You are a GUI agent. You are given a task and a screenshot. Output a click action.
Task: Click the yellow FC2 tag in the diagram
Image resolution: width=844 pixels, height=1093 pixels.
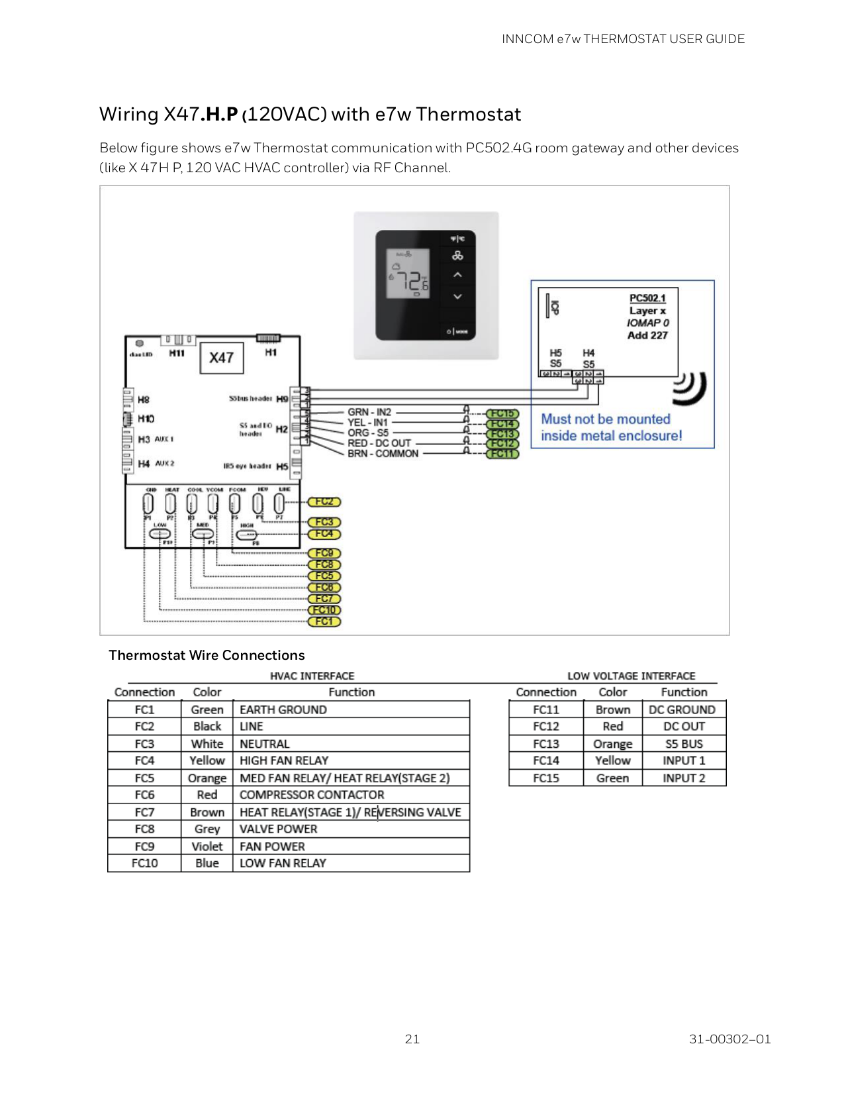tap(324, 502)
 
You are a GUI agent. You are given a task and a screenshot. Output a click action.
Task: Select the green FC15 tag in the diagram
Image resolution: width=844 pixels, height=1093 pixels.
tap(502, 414)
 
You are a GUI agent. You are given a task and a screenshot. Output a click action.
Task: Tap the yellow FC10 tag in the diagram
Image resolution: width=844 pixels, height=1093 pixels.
tap(324, 610)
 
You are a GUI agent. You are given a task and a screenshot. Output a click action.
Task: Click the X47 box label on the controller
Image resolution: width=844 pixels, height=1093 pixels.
tap(221, 358)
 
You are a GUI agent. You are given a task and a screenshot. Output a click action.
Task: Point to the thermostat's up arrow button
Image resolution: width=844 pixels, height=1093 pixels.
tap(457, 274)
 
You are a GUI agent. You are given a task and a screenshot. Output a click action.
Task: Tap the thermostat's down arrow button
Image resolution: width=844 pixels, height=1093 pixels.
tap(457, 297)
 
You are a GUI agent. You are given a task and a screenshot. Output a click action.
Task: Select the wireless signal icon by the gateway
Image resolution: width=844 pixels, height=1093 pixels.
tap(690, 388)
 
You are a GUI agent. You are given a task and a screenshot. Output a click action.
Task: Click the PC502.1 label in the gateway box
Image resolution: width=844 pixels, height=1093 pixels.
tap(647, 298)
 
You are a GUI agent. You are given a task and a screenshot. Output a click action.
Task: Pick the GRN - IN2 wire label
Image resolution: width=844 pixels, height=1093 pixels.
tap(369, 412)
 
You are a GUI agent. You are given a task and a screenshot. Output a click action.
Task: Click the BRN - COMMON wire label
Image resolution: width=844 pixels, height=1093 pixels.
tap(383, 454)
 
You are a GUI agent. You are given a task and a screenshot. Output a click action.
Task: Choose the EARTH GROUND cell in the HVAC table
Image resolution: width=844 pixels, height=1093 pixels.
tap(283, 709)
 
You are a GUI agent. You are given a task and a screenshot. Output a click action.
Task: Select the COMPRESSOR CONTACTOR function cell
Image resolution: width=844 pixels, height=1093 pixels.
tap(312, 795)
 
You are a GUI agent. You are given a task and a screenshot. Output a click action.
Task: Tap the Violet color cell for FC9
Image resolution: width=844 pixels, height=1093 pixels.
tap(207, 847)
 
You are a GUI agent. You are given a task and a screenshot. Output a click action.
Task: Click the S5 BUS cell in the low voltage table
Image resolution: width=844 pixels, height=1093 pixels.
tap(684, 744)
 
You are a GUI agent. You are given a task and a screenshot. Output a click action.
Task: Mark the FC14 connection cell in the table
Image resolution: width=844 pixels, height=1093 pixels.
tap(546, 760)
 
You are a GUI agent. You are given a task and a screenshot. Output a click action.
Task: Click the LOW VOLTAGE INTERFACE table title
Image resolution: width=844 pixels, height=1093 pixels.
tap(631, 676)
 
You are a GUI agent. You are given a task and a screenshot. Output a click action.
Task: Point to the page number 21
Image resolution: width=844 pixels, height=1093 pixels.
tap(412, 1039)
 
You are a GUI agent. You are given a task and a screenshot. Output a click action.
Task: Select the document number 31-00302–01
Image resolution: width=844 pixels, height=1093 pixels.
tap(729, 1039)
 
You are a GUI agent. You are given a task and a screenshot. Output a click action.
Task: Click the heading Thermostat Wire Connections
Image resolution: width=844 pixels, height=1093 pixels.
tap(207, 655)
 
